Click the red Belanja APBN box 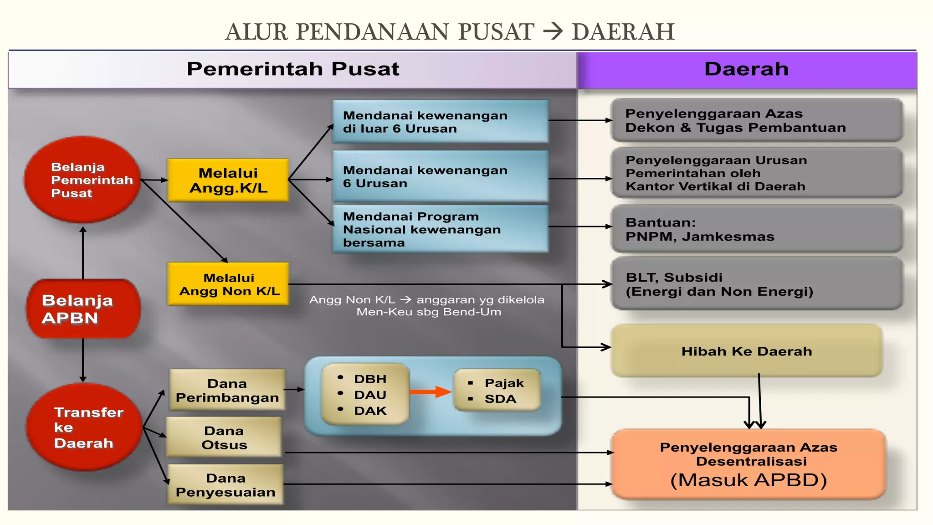point(83,309)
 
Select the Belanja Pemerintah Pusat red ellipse point(82,180)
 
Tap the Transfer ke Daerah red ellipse point(84,427)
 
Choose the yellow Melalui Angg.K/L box point(228,180)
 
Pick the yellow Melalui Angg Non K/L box point(228,284)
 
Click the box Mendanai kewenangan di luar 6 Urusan point(440,122)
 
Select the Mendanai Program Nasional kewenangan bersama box point(440,229)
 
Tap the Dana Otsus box point(224,437)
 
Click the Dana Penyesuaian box point(226,485)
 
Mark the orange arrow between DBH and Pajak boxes point(431,392)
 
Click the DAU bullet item point(370,395)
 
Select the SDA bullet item point(500,399)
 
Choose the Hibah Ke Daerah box point(747,351)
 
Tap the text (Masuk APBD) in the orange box point(748,480)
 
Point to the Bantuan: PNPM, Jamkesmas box point(757,229)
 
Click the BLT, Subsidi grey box point(757,284)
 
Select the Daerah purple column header point(747,69)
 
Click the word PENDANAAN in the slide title point(372,32)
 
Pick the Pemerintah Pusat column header point(293,69)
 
